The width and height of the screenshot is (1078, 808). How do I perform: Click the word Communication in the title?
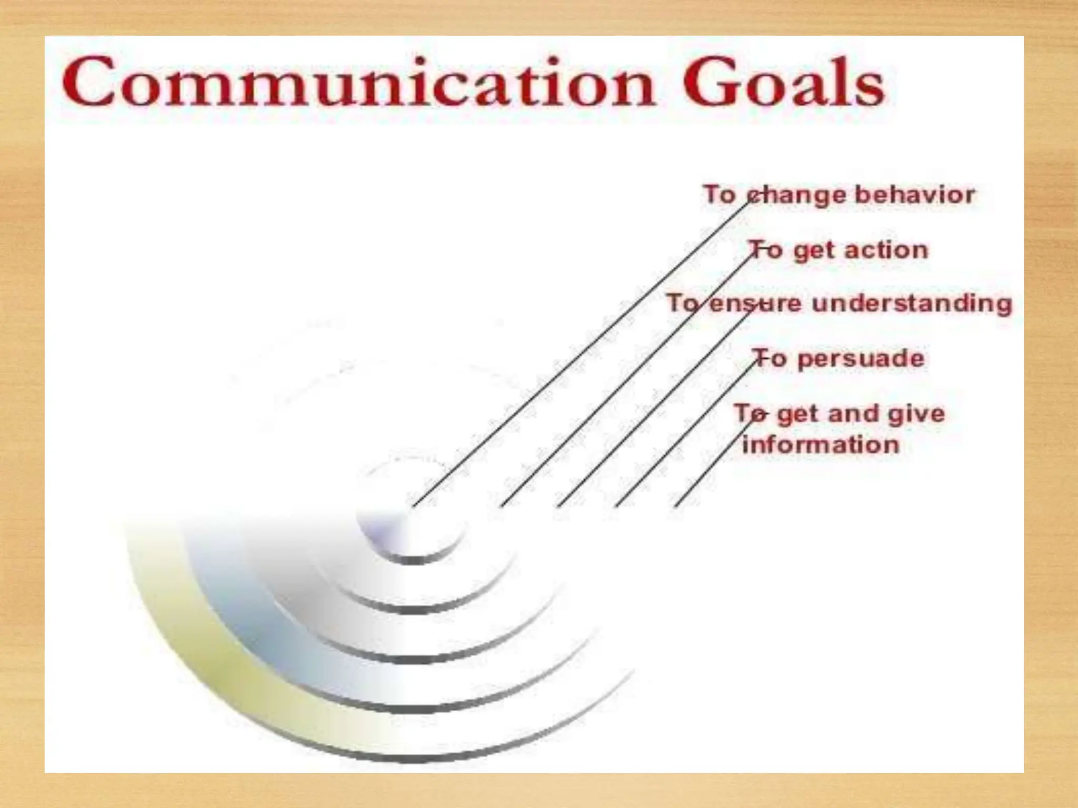pos(358,84)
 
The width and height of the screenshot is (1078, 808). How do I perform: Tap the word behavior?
pos(914,195)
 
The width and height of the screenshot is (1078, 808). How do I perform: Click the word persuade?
pos(861,359)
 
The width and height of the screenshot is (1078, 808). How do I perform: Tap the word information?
pos(821,445)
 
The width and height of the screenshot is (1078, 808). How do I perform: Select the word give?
pos(916,414)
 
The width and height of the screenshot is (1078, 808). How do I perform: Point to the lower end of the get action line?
pos(502,506)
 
